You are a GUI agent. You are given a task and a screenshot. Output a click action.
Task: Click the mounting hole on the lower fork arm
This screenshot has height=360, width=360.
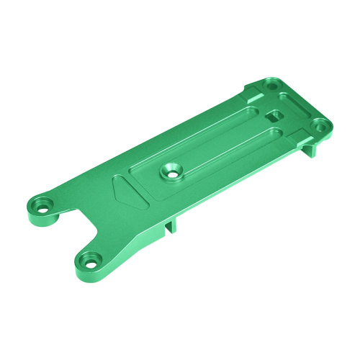88,258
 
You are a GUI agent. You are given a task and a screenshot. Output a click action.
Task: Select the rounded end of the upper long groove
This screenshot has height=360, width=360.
248,112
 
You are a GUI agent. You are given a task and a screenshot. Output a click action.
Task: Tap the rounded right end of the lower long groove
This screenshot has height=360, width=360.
277,132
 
